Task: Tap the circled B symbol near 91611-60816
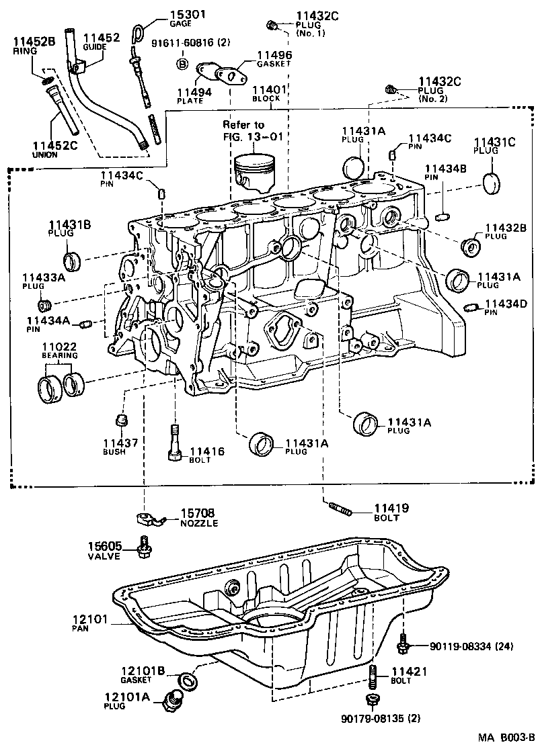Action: pyautogui.click(x=182, y=64)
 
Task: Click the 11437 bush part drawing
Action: pyautogui.click(x=121, y=421)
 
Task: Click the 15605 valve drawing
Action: pyautogui.click(x=143, y=547)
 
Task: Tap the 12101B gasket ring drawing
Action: pyautogui.click(x=186, y=680)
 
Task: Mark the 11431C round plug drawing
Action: pyautogui.click(x=494, y=182)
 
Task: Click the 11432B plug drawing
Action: pyautogui.click(x=470, y=246)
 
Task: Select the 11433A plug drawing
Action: pyautogui.click(x=46, y=298)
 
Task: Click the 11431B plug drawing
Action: pyautogui.click(x=73, y=259)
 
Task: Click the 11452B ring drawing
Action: pyautogui.click(x=49, y=81)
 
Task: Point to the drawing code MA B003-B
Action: pyautogui.click(x=506, y=738)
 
